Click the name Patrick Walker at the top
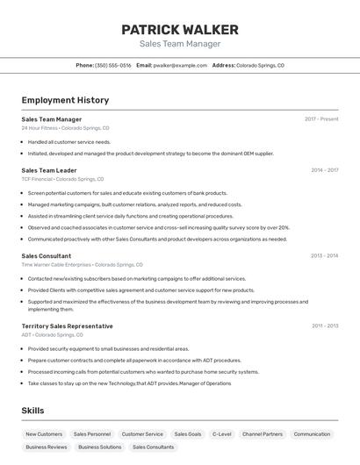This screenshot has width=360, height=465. [x=180, y=30]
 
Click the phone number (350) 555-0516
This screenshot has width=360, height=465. [x=113, y=65]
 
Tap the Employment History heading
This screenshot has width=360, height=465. [x=65, y=100]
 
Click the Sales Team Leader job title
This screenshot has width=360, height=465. [x=49, y=170]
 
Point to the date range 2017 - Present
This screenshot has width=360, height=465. [x=321, y=119]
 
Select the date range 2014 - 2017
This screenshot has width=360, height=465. [x=324, y=170]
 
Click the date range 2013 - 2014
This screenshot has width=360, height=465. [x=324, y=256]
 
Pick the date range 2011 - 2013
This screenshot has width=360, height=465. [x=325, y=325]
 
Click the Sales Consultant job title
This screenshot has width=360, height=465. [x=47, y=256]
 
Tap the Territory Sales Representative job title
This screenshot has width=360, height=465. [x=67, y=325]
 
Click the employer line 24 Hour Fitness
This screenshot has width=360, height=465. [x=66, y=128]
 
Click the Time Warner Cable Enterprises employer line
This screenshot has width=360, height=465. [x=82, y=265]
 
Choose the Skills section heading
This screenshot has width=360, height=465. [x=32, y=411]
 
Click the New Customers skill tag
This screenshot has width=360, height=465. [x=44, y=434]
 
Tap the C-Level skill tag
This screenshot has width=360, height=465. [x=222, y=434]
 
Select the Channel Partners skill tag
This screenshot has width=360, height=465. [x=263, y=434]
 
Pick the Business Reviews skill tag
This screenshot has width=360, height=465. [x=47, y=447]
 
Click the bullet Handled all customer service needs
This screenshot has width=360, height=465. [x=69, y=141]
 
